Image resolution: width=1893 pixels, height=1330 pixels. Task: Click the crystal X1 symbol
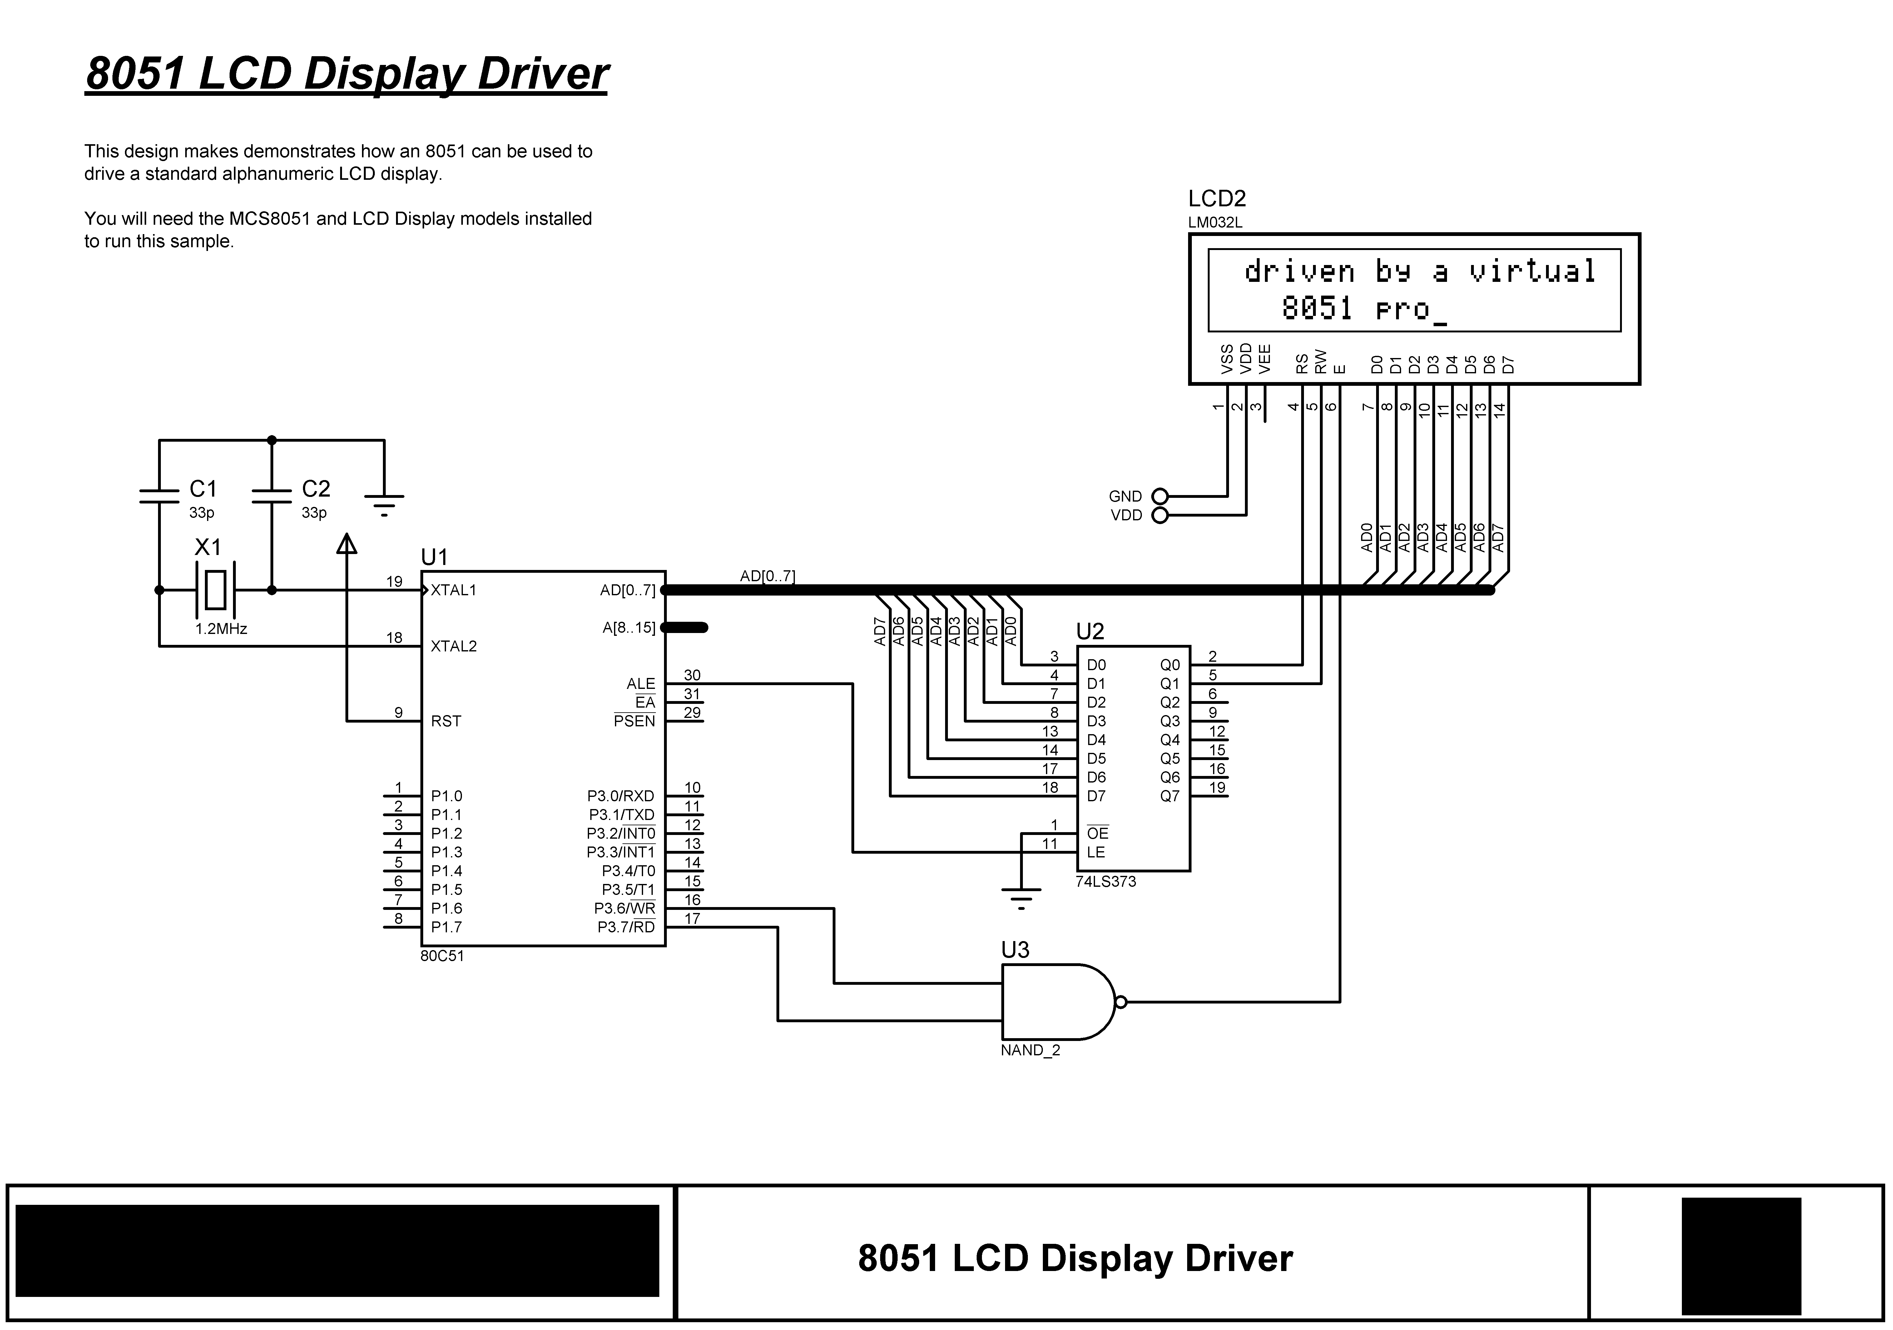click(215, 590)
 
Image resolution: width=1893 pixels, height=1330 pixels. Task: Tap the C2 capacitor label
click(316, 489)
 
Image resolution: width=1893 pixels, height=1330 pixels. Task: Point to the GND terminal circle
click(1160, 496)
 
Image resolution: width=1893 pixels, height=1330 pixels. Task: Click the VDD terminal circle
click(1160, 516)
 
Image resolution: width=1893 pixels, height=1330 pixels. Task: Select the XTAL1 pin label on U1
click(453, 590)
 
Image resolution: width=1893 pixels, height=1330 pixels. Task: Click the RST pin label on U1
click(446, 721)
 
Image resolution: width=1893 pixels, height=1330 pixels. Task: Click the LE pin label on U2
click(1096, 852)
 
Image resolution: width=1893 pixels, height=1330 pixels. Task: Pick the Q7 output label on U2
click(1170, 796)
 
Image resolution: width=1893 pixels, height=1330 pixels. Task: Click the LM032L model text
click(1215, 223)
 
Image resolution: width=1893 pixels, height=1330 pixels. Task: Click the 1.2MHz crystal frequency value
click(221, 629)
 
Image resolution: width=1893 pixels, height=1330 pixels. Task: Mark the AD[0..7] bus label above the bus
click(768, 576)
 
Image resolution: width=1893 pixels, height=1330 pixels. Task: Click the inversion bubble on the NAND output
click(1120, 1002)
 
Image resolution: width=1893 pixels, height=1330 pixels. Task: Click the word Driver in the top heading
click(543, 73)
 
